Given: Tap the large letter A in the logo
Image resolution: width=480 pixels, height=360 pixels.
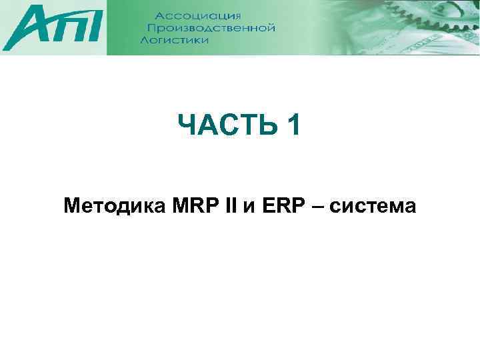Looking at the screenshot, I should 27,29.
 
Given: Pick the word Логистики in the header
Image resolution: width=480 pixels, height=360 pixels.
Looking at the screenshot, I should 175,40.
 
